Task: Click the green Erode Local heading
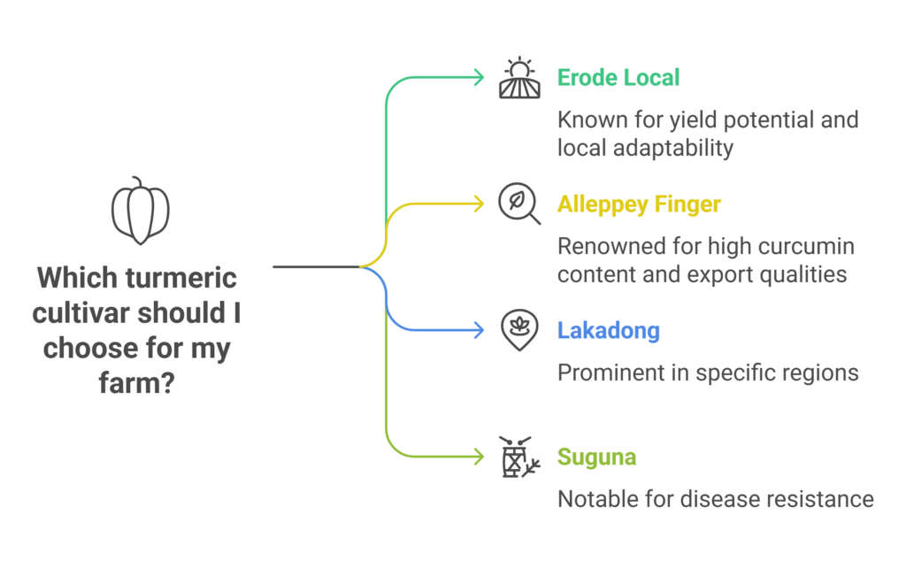tap(618, 78)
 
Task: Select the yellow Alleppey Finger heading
tap(639, 204)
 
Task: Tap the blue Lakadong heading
tap(608, 331)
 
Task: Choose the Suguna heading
tap(596, 458)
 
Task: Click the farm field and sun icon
tap(519, 78)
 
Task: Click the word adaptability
tap(679, 147)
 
